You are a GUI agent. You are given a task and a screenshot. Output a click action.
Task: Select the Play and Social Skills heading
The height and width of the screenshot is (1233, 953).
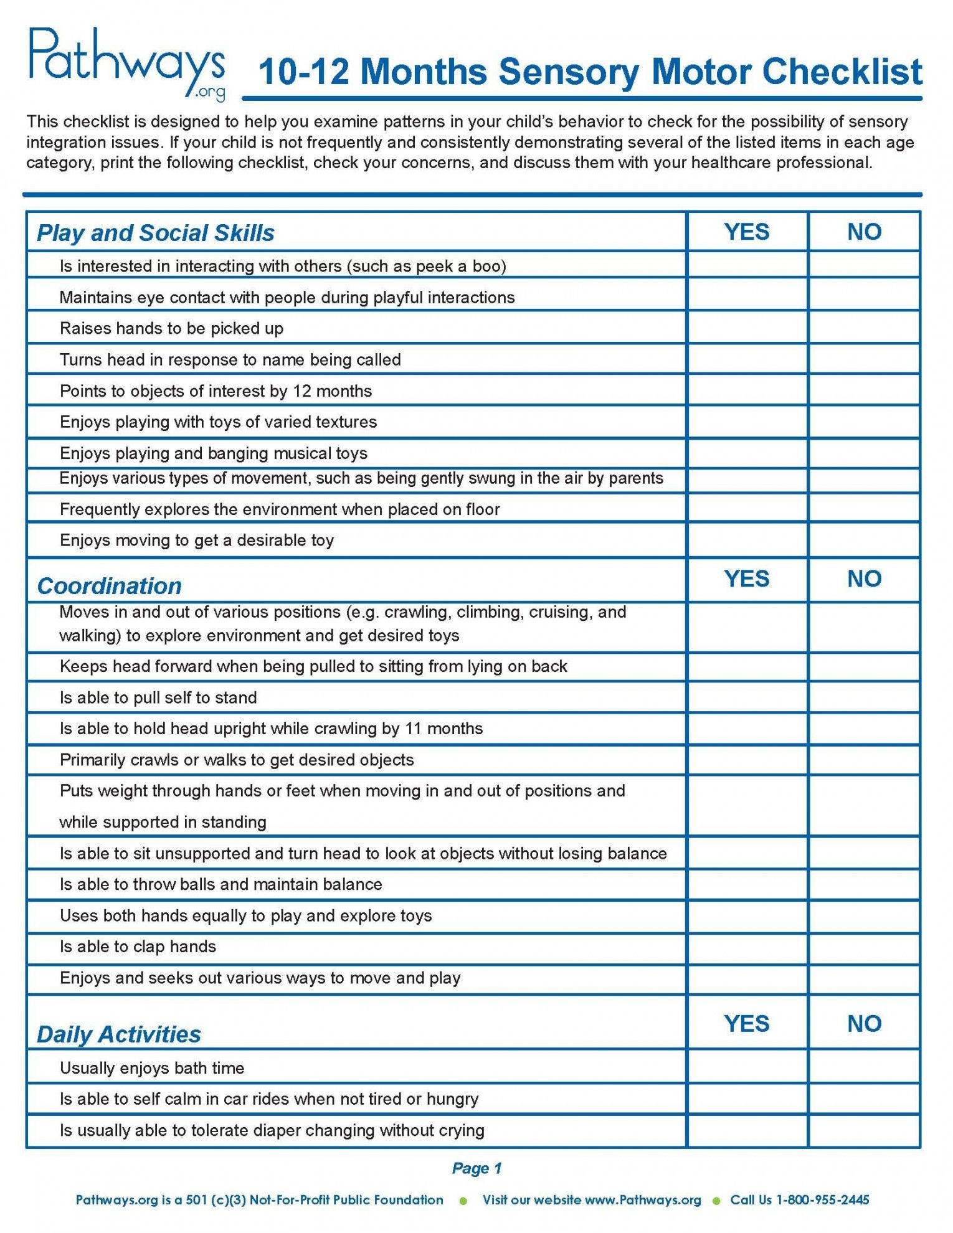click(155, 233)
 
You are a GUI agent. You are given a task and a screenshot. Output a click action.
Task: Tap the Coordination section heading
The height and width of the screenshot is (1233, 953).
click(109, 586)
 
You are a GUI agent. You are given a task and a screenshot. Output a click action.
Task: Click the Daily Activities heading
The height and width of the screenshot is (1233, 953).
click(118, 1034)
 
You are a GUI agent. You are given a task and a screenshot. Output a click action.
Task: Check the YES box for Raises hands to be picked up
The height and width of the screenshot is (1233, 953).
click(747, 328)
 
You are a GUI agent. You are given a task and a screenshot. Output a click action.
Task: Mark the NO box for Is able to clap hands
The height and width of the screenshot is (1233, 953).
click(864, 947)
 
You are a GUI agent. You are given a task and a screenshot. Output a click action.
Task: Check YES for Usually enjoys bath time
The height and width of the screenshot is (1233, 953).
click(747, 1068)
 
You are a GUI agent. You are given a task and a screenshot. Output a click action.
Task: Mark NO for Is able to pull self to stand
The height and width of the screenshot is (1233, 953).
click(864, 697)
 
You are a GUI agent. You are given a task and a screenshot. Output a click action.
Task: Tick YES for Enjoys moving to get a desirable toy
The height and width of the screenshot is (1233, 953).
click(747, 540)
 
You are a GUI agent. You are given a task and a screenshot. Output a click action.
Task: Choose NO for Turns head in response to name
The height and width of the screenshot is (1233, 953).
click(864, 359)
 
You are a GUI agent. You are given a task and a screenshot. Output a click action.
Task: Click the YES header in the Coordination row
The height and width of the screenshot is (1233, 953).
click(746, 579)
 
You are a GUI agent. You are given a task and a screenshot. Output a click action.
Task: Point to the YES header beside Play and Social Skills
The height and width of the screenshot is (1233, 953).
click(746, 232)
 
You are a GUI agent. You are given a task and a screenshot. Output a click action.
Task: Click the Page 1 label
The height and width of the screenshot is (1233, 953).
click(476, 1168)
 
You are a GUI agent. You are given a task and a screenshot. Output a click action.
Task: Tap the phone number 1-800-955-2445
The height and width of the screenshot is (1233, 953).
click(822, 1200)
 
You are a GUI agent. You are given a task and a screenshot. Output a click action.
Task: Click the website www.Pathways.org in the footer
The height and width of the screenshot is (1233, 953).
click(643, 1200)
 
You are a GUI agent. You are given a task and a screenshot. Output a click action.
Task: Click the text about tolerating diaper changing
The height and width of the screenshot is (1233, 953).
click(272, 1130)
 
